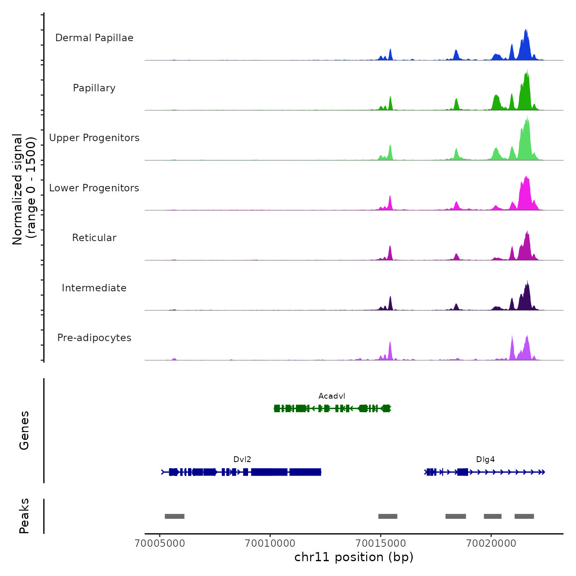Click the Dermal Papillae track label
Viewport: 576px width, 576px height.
coord(94,38)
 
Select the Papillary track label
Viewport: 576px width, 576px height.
coord(94,88)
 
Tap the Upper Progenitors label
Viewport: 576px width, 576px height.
coord(94,138)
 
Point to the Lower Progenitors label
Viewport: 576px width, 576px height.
coord(94,188)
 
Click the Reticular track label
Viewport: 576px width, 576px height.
coord(94,238)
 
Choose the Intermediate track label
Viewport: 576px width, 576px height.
coord(94,288)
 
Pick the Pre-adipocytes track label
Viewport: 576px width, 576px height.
coord(94,338)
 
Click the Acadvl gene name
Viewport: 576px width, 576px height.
coord(332,396)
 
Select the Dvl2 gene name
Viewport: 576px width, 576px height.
coord(242,460)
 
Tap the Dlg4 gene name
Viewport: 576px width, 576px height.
coord(485,460)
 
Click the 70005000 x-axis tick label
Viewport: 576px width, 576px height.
coord(160,543)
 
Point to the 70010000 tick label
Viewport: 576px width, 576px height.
coord(270,543)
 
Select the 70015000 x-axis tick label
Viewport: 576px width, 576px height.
coord(381,543)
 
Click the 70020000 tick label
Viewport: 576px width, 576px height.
coord(491,543)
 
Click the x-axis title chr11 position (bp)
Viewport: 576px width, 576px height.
coord(354,557)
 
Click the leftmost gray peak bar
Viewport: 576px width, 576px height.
coord(174,516)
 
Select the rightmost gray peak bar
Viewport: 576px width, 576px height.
coord(524,516)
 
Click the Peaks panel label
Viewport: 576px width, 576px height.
coord(24,516)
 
